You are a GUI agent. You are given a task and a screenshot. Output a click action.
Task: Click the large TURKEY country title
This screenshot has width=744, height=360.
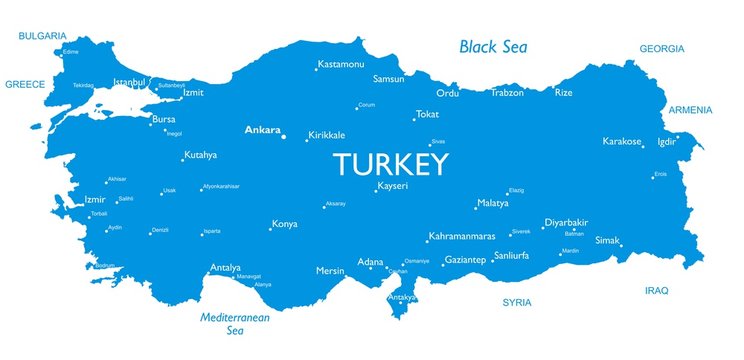(x=390, y=164)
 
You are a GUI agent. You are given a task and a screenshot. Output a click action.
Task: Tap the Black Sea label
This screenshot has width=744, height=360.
(x=493, y=46)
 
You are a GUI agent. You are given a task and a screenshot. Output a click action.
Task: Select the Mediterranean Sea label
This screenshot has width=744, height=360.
(x=236, y=322)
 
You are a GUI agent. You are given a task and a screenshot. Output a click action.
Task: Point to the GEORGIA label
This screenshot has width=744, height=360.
(x=662, y=49)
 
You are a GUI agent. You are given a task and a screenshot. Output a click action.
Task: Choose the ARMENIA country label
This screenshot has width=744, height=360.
(x=690, y=110)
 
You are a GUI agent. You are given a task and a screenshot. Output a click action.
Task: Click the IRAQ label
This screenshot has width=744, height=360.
(x=656, y=290)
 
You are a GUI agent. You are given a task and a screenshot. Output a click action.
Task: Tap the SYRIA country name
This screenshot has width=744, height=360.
(x=517, y=301)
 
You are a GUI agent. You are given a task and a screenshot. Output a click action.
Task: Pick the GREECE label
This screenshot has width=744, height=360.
(x=25, y=85)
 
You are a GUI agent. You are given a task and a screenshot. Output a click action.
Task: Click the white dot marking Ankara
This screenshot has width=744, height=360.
(x=283, y=136)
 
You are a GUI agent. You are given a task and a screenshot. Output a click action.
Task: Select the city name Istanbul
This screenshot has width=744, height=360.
(x=130, y=81)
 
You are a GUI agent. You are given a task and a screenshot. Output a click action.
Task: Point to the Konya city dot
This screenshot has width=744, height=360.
(x=270, y=228)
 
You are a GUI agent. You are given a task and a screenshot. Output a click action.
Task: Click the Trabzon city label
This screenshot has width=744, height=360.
(x=507, y=93)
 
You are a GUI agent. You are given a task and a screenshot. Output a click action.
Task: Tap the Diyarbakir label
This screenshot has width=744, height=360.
(x=566, y=222)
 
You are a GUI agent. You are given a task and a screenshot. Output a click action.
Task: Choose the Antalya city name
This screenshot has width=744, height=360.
(x=225, y=268)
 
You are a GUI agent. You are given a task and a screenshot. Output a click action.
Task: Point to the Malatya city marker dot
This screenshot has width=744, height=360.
(x=476, y=208)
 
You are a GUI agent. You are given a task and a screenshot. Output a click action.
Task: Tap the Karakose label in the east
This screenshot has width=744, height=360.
(x=622, y=141)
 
